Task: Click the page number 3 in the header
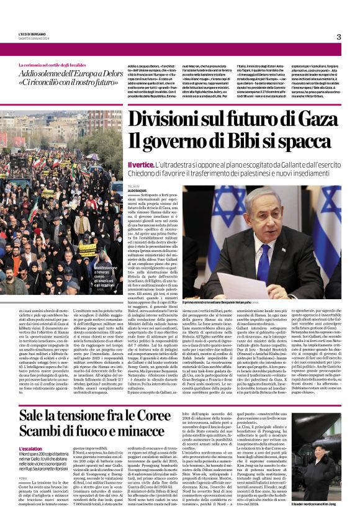339,37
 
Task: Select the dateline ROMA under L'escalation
23,479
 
